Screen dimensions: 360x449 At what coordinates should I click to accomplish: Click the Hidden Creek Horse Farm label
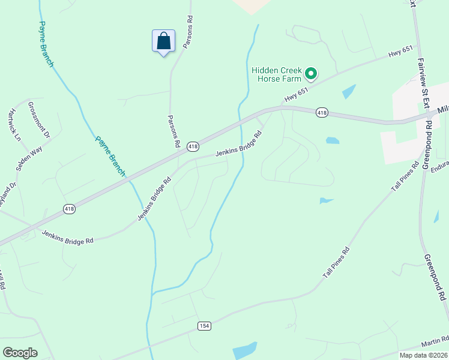276,74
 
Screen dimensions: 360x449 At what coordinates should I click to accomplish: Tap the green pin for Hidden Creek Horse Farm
311,74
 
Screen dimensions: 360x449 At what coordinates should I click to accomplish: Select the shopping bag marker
163,41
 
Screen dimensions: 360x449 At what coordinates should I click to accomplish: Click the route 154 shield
204,325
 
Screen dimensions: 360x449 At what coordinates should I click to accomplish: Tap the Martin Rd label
433,343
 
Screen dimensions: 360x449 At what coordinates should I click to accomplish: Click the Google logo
20,353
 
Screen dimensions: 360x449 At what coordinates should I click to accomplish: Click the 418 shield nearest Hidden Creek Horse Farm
322,113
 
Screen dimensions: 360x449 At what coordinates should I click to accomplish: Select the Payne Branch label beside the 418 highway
110,156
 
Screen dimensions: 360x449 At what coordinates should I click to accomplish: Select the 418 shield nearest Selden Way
70,209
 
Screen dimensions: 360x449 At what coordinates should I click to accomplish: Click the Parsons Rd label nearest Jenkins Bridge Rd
174,131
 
